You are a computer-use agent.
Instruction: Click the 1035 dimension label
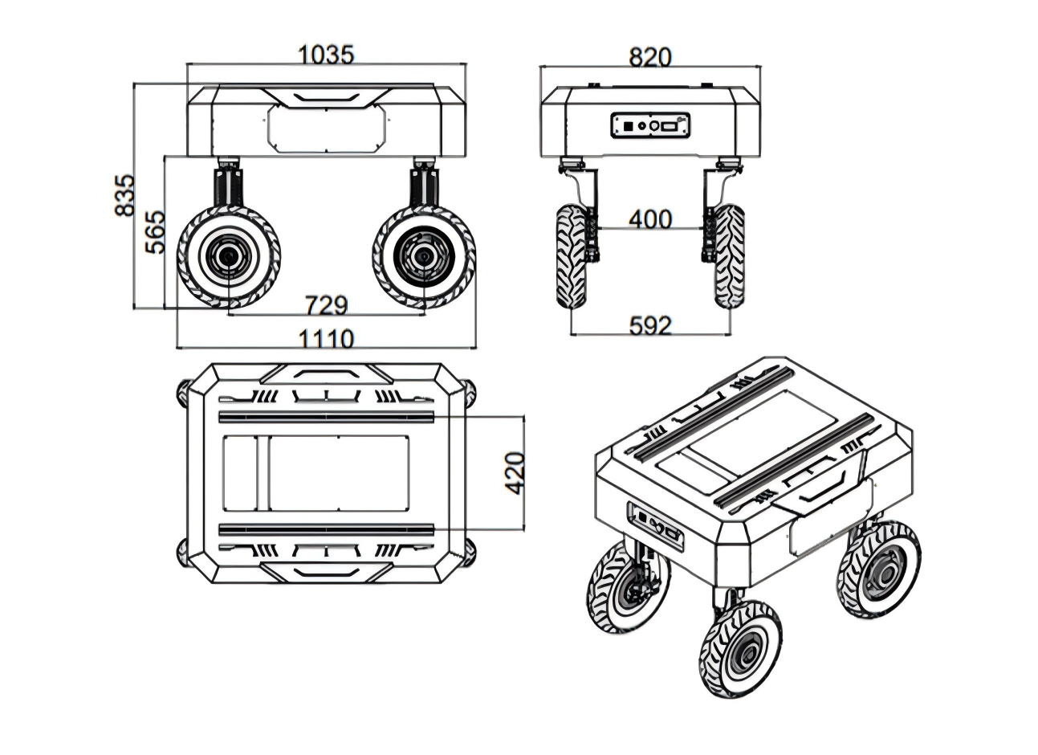point(326,55)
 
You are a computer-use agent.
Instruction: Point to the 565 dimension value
point(155,231)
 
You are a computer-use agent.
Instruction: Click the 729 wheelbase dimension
point(326,305)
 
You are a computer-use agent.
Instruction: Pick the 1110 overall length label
point(326,339)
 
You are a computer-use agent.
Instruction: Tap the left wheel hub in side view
point(228,257)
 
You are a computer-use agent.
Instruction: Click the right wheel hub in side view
point(424,257)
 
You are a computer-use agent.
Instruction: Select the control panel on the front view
point(649,125)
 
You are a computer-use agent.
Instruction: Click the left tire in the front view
point(572,257)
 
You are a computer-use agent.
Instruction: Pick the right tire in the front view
point(730,257)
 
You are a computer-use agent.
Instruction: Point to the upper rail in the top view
point(326,417)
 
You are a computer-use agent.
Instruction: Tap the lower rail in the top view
point(326,529)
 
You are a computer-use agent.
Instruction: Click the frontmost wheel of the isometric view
point(740,649)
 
